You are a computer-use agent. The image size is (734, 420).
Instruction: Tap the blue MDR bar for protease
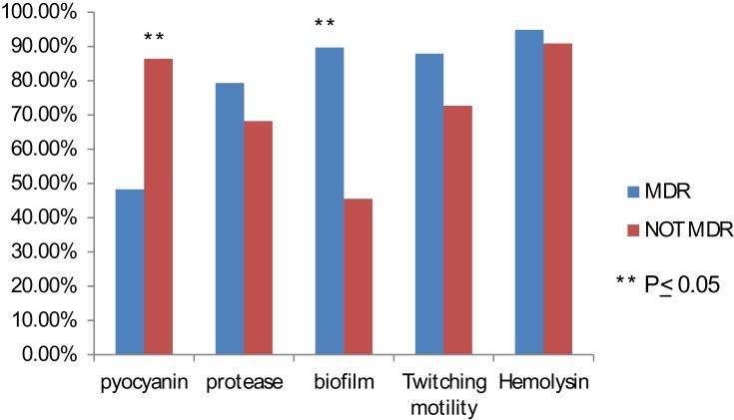pos(230,218)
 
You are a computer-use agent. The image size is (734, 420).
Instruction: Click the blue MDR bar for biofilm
pos(329,201)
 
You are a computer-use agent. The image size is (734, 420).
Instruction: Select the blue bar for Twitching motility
pos(429,204)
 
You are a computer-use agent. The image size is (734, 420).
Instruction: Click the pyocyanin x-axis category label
pos(143,381)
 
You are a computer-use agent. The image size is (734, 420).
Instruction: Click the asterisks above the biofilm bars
pos(326,24)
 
